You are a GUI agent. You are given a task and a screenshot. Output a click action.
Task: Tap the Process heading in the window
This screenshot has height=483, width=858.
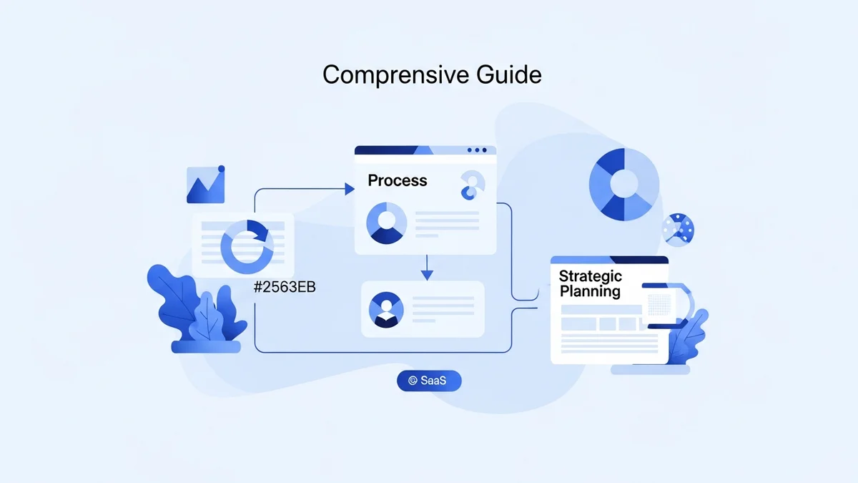398,180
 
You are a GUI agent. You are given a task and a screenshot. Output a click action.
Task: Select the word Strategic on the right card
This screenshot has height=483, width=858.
591,276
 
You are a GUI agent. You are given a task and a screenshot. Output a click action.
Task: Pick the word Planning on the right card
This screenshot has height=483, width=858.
590,291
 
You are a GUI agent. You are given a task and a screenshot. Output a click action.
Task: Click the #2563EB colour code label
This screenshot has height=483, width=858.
285,288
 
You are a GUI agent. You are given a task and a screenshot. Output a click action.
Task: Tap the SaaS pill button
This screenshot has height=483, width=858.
429,381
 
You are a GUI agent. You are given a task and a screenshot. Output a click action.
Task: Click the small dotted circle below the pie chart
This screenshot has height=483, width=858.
678,230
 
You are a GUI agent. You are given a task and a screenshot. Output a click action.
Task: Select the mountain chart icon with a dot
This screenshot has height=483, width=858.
206,185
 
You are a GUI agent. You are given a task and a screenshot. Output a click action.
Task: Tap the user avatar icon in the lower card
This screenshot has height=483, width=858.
386,309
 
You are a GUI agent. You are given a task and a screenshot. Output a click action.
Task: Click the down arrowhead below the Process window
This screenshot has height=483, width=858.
427,275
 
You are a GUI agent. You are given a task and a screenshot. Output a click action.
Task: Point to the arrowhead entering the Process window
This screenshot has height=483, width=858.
350,189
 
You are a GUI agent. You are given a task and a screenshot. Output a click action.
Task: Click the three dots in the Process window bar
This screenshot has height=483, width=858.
477,150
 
